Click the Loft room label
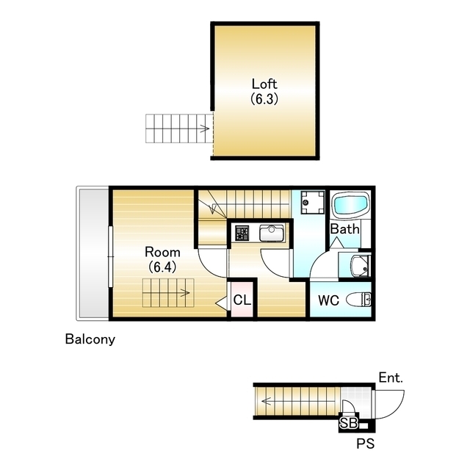click(264, 84)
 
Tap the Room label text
click(162, 252)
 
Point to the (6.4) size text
click(162, 267)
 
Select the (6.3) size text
click(264, 98)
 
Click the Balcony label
click(90, 339)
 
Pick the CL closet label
click(242, 300)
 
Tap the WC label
click(328, 300)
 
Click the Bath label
click(344, 229)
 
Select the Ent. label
click(391, 377)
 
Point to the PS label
click(366, 444)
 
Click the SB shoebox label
click(349, 423)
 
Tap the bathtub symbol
click(350, 206)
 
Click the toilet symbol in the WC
click(358, 299)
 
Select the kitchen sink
click(272, 234)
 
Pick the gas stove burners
click(242, 234)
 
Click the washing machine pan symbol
click(313, 203)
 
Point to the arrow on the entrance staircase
click(267, 401)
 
